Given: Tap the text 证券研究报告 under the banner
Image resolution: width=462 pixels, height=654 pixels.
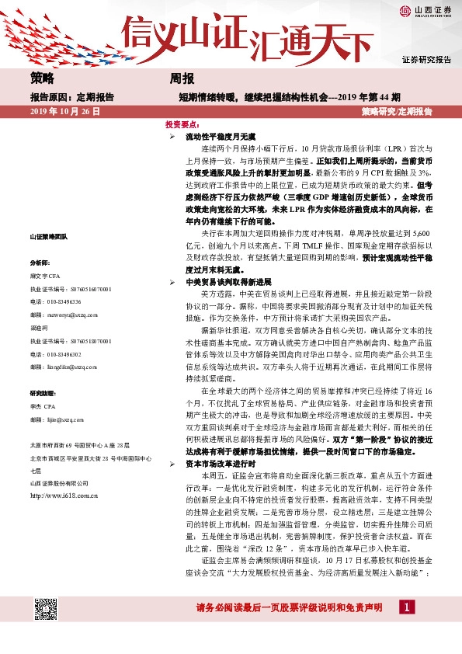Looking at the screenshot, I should pos(426,60).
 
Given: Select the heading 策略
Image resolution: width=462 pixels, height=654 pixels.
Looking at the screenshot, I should pos(43,79).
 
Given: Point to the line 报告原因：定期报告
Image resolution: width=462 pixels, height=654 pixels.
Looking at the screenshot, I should pos(71,98).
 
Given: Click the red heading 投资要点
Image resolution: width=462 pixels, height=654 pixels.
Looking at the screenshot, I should pos(182,124).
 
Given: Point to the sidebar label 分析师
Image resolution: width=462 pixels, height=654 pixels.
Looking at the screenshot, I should pos(40,263).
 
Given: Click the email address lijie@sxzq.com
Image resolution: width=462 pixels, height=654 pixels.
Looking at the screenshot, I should pos(68,420).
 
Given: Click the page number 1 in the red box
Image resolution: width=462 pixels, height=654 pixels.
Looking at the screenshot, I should pos(405,628).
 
